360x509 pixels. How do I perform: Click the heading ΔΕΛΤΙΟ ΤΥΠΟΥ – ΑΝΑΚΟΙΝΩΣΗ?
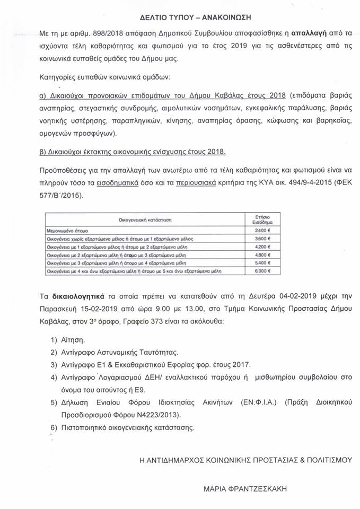tap(180, 17)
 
